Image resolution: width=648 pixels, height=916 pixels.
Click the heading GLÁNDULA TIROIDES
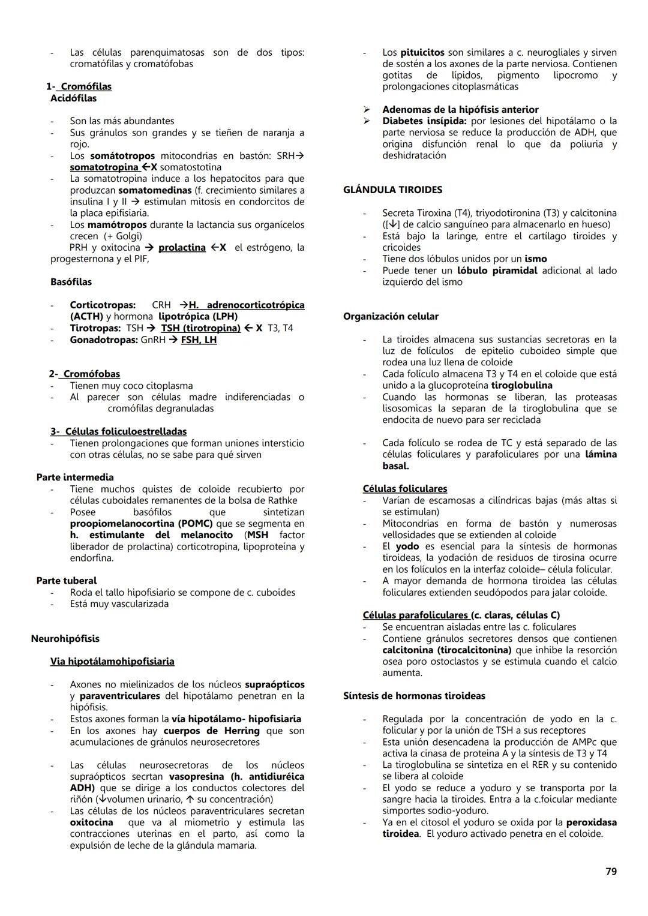click(392, 190)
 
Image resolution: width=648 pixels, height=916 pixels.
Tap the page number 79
click(611, 871)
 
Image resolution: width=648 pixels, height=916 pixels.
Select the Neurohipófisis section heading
click(65, 638)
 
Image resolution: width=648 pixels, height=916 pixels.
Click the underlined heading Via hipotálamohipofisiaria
click(112, 661)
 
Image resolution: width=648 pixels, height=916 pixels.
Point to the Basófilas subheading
click(71, 281)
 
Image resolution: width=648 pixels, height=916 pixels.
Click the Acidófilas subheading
click(73, 98)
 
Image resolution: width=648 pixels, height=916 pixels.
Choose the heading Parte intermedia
click(74, 477)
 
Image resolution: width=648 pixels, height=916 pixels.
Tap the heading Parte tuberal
click(66, 580)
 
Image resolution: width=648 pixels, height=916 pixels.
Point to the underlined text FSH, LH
click(199, 340)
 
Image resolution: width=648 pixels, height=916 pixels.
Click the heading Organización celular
click(391, 316)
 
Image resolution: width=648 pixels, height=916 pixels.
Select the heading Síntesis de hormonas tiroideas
click(414, 695)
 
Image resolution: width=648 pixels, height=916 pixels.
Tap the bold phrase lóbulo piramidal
click(497, 270)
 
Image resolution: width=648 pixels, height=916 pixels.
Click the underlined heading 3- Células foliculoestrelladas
click(118, 431)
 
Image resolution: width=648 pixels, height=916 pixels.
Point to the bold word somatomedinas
click(155, 190)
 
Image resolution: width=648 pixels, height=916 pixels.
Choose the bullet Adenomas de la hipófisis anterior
click(460, 109)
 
